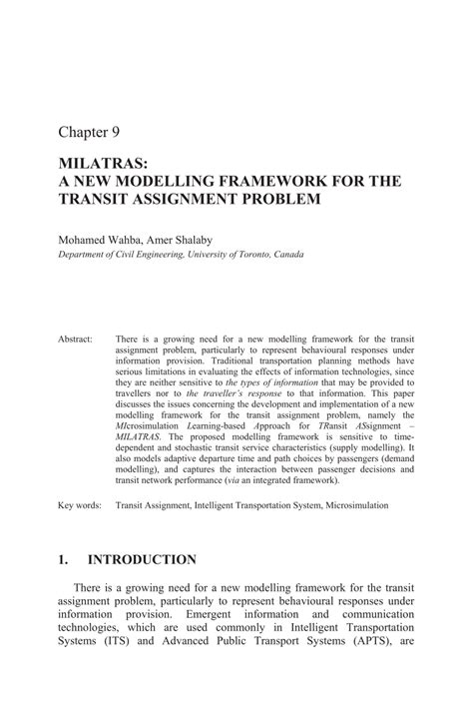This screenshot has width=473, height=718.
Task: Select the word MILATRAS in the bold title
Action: [x=101, y=164]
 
